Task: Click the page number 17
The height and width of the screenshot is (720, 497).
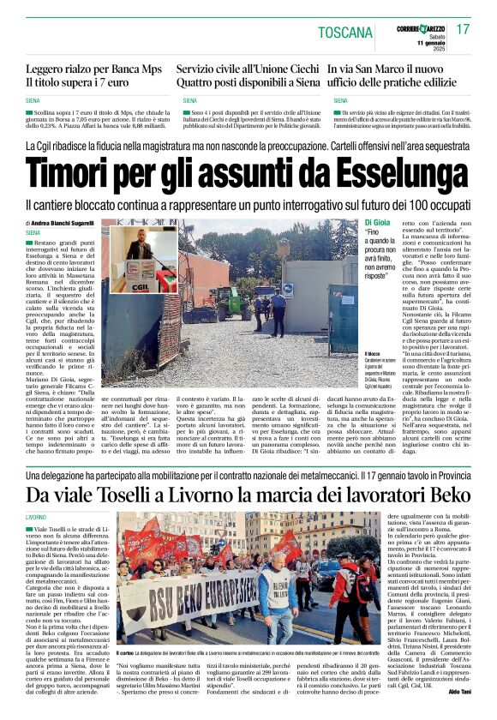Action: [464, 30]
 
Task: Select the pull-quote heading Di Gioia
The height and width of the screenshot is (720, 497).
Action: [375, 223]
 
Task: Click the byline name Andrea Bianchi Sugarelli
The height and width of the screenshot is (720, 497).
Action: [63, 223]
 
